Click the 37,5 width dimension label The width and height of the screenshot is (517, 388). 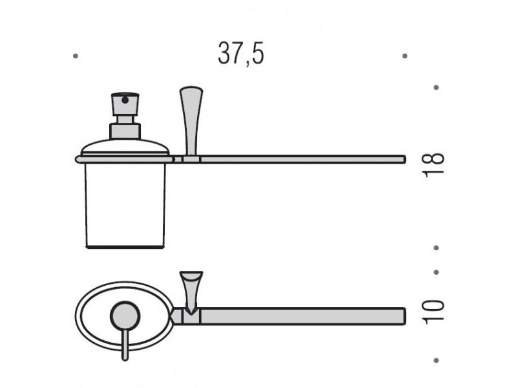[241, 54]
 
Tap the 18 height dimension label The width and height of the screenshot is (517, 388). [433, 166]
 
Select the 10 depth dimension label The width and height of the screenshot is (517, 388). [433, 312]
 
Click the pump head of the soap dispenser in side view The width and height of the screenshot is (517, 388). [125, 104]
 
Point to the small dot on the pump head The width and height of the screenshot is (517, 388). [125, 100]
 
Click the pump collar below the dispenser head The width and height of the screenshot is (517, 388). [125, 131]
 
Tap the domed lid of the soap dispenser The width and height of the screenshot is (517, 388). [125, 147]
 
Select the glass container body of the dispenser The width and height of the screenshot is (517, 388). [125, 205]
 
